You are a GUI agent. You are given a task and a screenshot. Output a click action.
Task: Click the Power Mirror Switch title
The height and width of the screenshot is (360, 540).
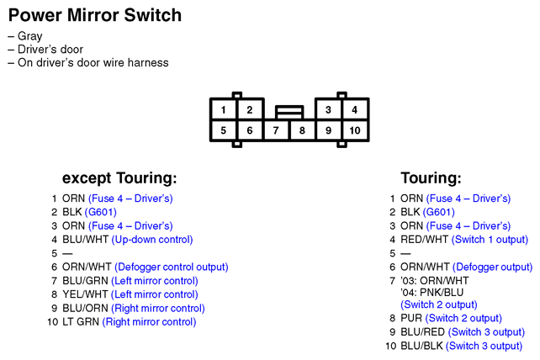pos(95,15)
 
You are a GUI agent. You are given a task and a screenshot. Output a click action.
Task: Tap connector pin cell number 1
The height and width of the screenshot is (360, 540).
pos(223,109)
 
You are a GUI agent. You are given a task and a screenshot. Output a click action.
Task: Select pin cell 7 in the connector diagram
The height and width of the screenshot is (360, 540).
pos(276,130)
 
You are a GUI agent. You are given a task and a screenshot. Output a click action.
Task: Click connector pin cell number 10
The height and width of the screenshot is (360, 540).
pos(355,130)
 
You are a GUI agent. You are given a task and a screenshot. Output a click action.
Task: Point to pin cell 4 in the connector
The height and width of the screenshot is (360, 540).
pos(355,109)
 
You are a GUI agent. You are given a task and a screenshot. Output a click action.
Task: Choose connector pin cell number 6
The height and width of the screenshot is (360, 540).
pos(250,130)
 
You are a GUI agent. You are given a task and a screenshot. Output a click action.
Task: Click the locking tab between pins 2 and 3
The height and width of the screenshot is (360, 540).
pos(289,113)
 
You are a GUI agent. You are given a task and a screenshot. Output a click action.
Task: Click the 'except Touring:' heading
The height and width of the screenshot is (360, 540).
pos(119,178)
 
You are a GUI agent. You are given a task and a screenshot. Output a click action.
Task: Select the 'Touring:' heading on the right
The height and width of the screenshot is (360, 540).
pos(431,178)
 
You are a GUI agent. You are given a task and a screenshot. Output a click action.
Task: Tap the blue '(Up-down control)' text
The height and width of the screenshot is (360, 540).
pos(152,240)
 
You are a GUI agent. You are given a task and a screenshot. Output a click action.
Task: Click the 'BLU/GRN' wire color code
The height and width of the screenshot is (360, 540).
pos(85,281)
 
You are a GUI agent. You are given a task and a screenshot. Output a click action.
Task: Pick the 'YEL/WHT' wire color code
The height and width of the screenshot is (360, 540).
pos(85,294)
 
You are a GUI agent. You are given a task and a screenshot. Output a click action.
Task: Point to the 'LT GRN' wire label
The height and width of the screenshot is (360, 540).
pos(81,322)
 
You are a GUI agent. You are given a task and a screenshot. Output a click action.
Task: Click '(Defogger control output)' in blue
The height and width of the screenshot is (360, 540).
pos(171,267)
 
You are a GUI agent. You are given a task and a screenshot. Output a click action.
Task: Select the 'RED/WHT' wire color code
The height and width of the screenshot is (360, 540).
pos(424,240)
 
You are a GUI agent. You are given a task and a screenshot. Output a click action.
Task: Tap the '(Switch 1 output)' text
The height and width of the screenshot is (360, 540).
pos(490,240)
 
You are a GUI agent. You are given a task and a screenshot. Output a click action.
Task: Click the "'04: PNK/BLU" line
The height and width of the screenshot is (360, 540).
pos(431,293)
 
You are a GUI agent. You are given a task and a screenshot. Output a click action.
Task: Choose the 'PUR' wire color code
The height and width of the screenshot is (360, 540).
pos(411,318)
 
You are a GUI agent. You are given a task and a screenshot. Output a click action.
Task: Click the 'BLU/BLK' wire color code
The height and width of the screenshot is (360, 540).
pos(421,346)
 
